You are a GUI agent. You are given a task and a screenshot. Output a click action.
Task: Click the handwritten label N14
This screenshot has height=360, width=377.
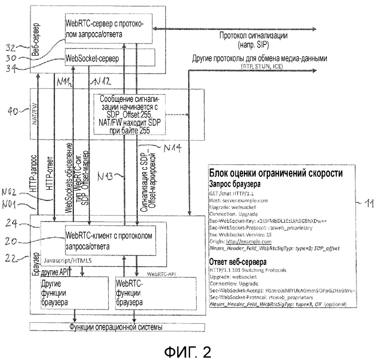coord(169,148)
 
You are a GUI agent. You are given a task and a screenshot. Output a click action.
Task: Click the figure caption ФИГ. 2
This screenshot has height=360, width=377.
coord(188,349)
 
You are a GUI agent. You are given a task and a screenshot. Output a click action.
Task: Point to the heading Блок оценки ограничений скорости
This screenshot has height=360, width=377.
coord(276,174)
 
